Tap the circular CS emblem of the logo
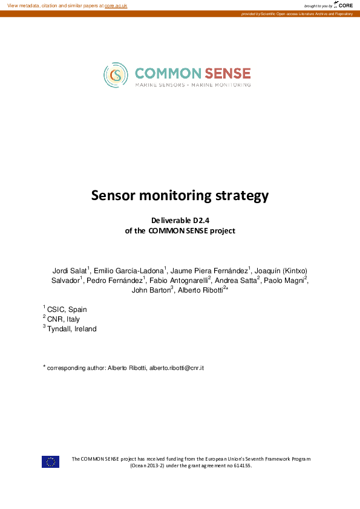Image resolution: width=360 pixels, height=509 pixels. tap(116, 74)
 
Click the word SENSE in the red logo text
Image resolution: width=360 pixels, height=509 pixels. tap(227, 73)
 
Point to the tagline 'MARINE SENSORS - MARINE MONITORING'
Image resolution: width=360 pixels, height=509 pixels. tap(192, 85)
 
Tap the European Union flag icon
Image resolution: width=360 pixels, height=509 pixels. tap(50, 462)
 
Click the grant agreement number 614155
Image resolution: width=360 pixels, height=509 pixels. tap(242, 466)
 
